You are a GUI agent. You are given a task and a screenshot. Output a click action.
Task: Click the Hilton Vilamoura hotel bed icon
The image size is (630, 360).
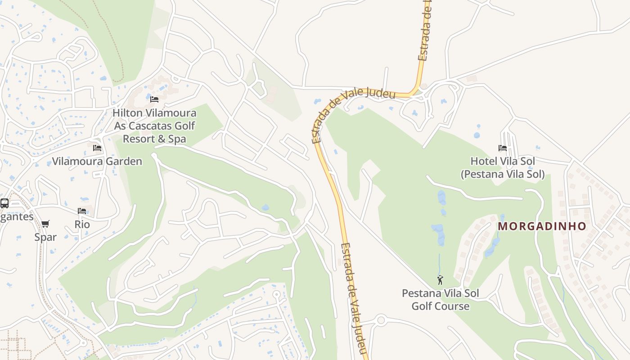pyautogui.click(x=154, y=99)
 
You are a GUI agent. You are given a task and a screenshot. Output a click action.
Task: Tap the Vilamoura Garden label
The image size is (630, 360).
pyautogui.click(x=97, y=161)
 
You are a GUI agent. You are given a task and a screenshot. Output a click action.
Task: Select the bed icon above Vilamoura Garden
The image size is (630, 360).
pyautogui.click(x=97, y=148)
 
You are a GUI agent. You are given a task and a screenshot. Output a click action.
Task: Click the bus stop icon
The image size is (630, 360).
pyautogui.click(x=4, y=203)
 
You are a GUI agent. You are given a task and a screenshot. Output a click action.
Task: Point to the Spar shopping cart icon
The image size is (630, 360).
pyautogui.click(x=45, y=224)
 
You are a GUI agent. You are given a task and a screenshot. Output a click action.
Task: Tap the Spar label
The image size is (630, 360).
pyautogui.click(x=45, y=237)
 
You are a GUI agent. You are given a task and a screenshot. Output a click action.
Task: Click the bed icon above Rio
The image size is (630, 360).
pyautogui.click(x=82, y=211)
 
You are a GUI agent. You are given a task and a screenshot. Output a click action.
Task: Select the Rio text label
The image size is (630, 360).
pyautogui.click(x=82, y=224)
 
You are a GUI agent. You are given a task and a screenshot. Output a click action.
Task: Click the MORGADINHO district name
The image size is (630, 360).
pyautogui.click(x=542, y=226)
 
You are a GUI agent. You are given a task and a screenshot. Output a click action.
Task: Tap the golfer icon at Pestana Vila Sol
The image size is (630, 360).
pyautogui.click(x=440, y=280)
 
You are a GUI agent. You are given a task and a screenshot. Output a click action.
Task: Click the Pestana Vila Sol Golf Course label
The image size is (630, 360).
pyautogui.click(x=441, y=300)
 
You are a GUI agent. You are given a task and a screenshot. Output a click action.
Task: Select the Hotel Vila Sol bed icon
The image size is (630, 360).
pyautogui.click(x=503, y=148)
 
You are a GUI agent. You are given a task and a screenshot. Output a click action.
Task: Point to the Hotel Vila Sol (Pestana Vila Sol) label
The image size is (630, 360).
pyautogui.click(x=503, y=167)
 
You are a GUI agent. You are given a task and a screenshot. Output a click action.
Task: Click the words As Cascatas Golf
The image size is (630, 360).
pyautogui.click(x=154, y=126)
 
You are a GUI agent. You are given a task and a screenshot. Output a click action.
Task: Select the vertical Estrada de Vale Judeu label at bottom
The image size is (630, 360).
pyautogui.click(x=355, y=297)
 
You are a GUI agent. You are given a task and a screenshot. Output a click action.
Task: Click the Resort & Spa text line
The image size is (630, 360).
pyautogui.click(x=154, y=139)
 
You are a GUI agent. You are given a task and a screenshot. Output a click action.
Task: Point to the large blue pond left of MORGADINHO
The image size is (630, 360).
pyautogui.click(x=438, y=234)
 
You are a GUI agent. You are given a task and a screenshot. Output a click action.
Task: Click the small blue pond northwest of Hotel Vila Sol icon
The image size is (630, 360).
pyautogui.click(x=477, y=135)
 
